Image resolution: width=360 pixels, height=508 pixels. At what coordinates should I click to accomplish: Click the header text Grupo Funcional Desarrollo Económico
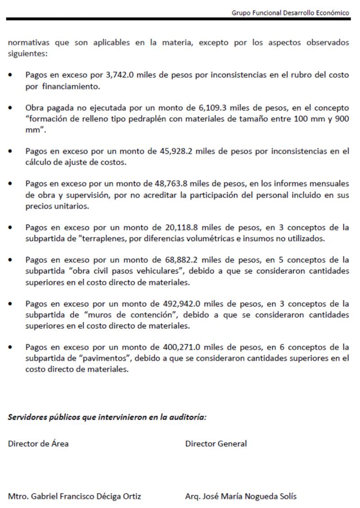290,13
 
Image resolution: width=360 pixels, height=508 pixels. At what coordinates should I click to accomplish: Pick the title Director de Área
38,444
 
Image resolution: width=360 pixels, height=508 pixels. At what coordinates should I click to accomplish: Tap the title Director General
216,444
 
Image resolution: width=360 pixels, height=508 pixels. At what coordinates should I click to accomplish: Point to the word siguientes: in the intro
27,54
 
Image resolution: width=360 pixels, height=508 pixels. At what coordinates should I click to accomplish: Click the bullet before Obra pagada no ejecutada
10,108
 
